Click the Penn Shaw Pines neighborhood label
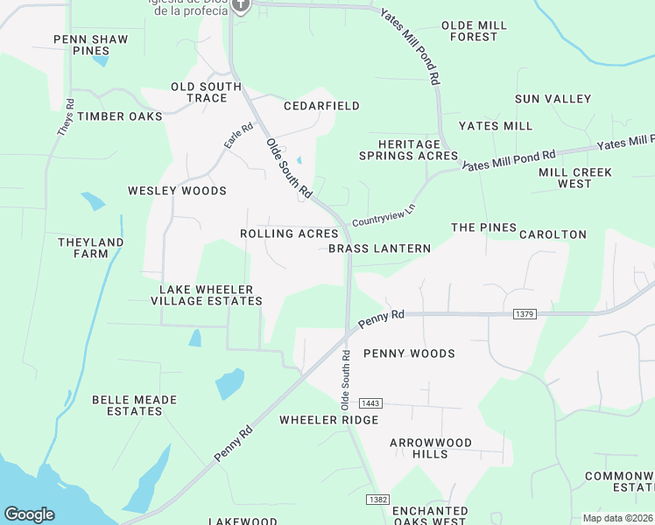coord(91,45)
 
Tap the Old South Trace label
coord(206,92)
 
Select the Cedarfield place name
coord(321,106)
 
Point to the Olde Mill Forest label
coord(474,31)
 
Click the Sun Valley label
coord(553,99)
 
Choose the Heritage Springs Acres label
coord(408,150)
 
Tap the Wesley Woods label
coord(177,191)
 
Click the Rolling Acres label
coord(289,234)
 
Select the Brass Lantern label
coord(379,248)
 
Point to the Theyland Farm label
coord(90,248)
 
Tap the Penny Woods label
coord(409,353)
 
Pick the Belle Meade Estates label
coord(134,405)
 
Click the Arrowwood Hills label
coord(430,448)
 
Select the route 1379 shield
coord(525,313)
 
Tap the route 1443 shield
coord(371,402)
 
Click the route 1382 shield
coord(377,498)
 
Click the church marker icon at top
coord(243,4)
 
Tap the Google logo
coord(29,514)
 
